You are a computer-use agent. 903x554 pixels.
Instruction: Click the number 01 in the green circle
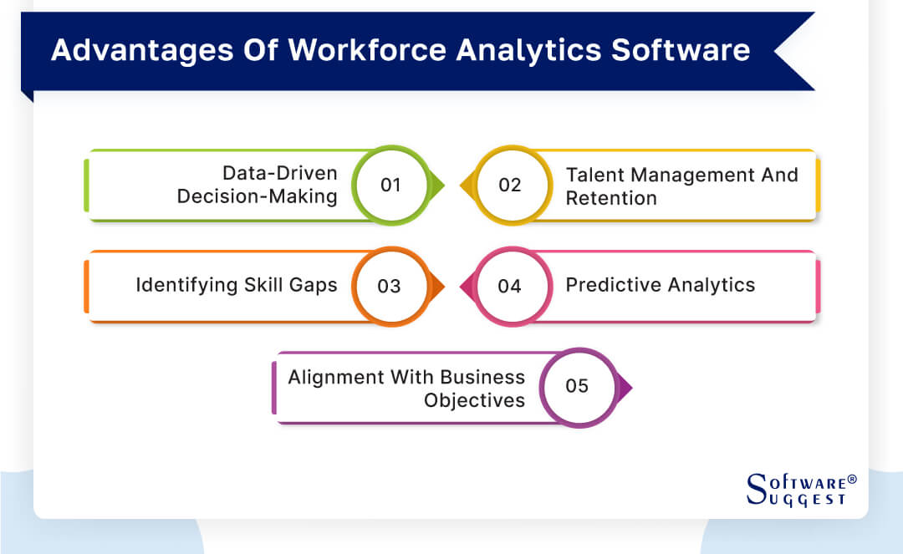pyautogui.click(x=390, y=186)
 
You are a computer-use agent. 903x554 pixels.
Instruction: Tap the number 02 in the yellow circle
pyautogui.click(x=510, y=186)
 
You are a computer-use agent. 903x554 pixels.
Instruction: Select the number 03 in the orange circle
pyautogui.click(x=389, y=286)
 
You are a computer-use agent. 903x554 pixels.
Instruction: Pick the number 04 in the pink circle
pyautogui.click(x=509, y=286)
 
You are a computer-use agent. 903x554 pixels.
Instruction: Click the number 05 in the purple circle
pyautogui.click(x=577, y=386)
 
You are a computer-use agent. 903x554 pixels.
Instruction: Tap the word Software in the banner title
pyautogui.click(x=680, y=50)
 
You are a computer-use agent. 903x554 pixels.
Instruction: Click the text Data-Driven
pyautogui.click(x=279, y=174)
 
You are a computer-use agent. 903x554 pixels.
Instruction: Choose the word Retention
pyautogui.click(x=611, y=198)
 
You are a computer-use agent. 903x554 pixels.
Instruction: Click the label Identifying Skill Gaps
pyautogui.click(x=237, y=285)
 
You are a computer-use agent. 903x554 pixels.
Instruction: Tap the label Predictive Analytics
pyautogui.click(x=660, y=285)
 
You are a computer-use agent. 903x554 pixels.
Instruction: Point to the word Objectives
pyautogui.click(x=474, y=400)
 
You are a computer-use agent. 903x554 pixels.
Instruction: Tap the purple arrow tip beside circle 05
pyautogui.click(x=625, y=387)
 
